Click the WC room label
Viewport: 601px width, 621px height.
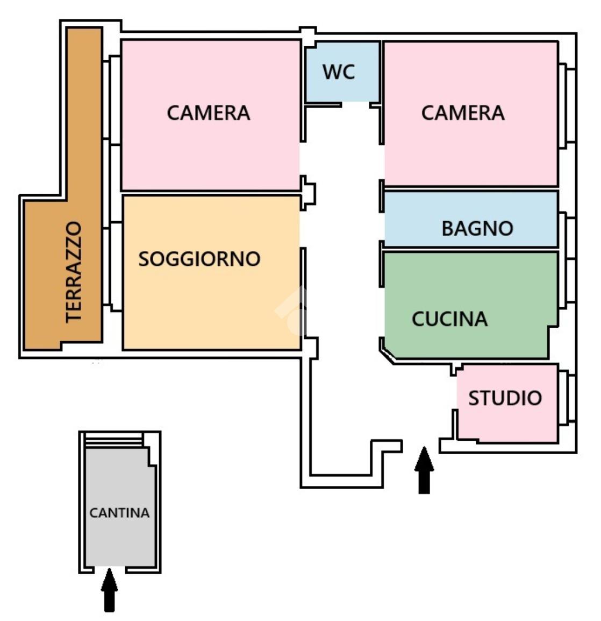pyautogui.click(x=339, y=72)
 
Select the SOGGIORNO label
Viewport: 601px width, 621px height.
pyautogui.click(x=199, y=259)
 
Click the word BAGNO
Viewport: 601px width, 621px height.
pyautogui.click(x=477, y=228)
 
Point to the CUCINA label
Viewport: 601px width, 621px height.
pyautogui.click(x=449, y=319)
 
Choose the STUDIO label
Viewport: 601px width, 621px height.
pyautogui.click(x=504, y=398)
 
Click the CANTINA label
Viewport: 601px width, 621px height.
pyautogui.click(x=119, y=513)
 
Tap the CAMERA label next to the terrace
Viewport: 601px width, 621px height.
pyautogui.click(x=208, y=113)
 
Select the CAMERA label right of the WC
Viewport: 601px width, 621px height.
pyautogui.click(x=462, y=113)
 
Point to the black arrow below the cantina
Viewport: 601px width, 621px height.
pyautogui.click(x=109, y=589)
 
